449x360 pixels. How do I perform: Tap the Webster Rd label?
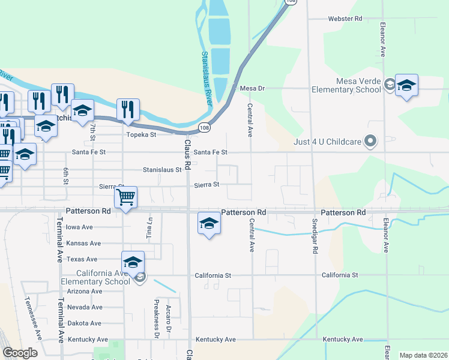click(345, 19)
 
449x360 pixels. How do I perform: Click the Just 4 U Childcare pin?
click(370, 142)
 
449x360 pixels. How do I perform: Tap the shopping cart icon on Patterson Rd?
click(125, 197)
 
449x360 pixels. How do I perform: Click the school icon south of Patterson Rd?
click(208, 224)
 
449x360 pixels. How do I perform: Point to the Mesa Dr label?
click(252, 88)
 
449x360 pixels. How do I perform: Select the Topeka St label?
click(141, 134)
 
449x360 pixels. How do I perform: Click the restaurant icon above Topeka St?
click(128, 109)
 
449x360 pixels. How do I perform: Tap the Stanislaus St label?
click(162, 170)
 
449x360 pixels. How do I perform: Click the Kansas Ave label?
click(83, 243)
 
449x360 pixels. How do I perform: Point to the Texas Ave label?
click(82, 259)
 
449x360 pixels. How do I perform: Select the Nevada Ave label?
click(85, 307)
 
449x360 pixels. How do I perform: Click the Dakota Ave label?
click(85, 323)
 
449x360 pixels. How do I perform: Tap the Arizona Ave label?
click(85, 291)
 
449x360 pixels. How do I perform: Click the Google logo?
click(20, 352)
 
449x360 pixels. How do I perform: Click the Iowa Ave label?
click(79, 227)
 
